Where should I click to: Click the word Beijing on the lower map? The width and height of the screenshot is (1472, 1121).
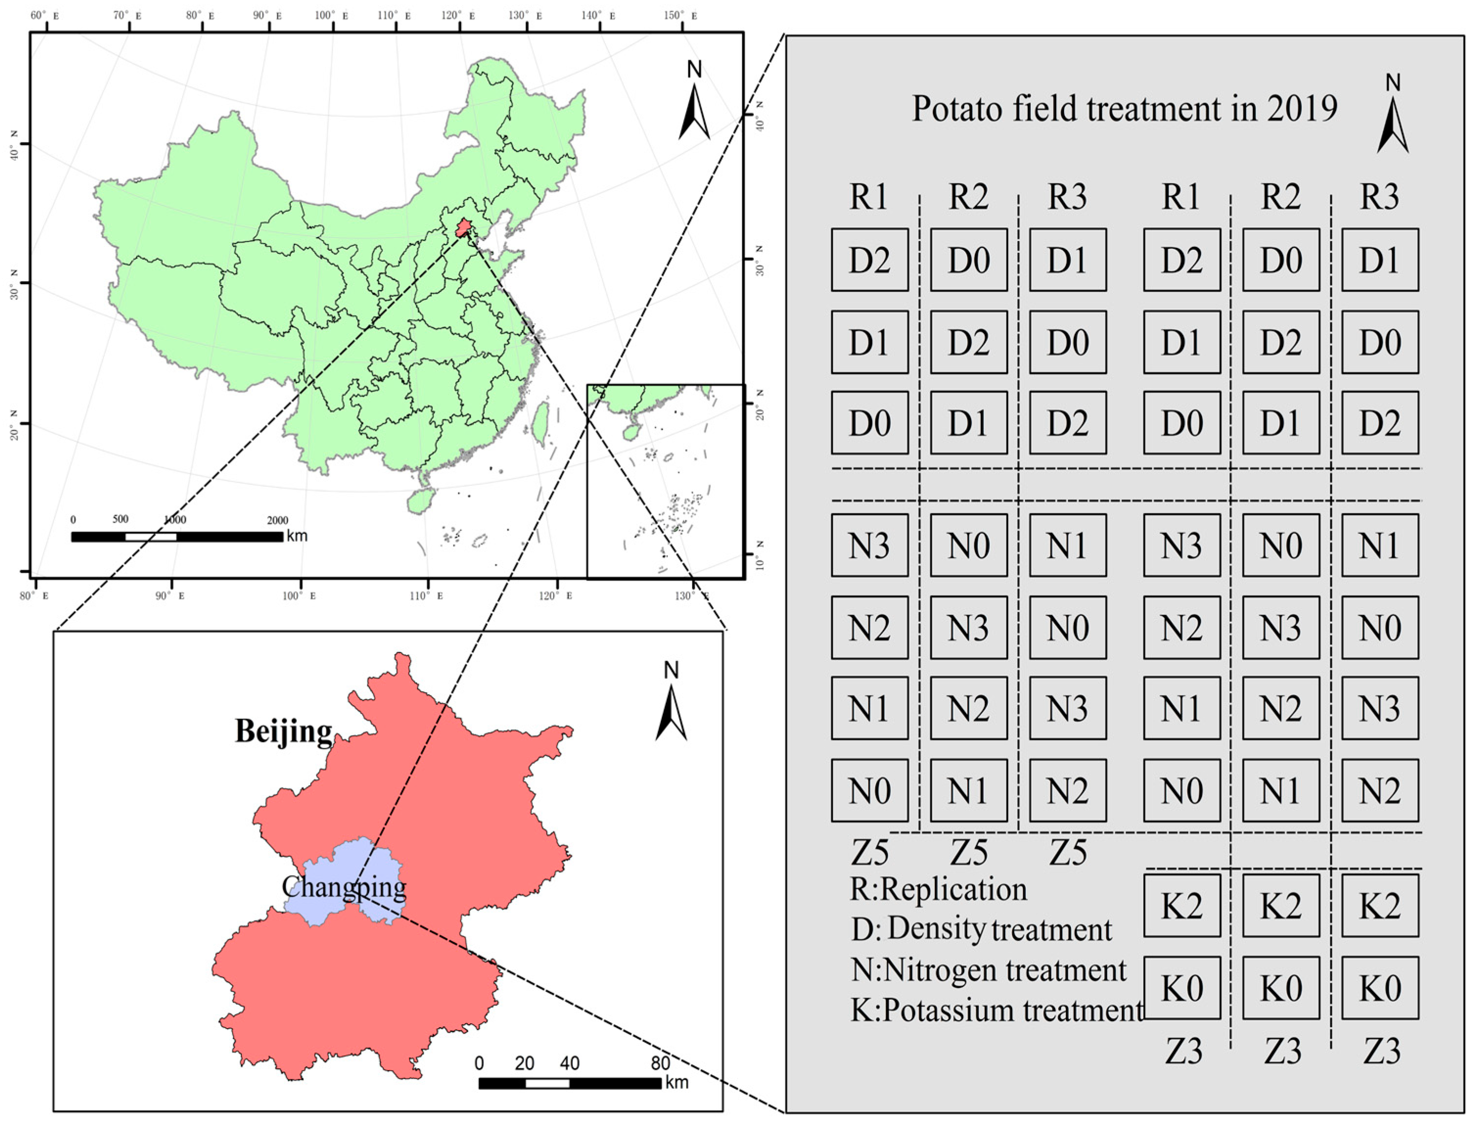click(x=284, y=732)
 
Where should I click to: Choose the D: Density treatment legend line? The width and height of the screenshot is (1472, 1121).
click(x=981, y=929)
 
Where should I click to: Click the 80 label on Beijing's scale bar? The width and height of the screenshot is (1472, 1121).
click(x=660, y=1063)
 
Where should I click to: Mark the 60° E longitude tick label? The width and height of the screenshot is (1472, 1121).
click(x=44, y=15)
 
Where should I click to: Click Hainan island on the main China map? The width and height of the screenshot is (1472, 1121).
click(x=421, y=500)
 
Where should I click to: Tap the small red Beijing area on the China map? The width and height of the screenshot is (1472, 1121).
click(x=462, y=229)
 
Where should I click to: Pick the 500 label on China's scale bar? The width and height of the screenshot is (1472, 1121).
click(x=120, y=519)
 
